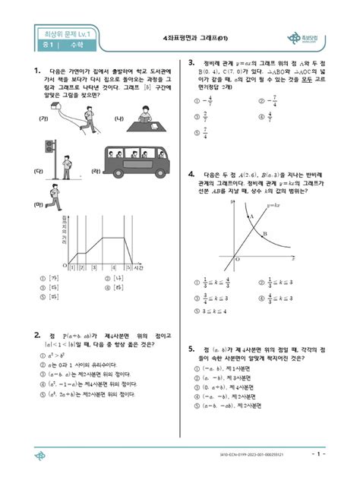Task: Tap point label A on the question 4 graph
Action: [251, 216]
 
